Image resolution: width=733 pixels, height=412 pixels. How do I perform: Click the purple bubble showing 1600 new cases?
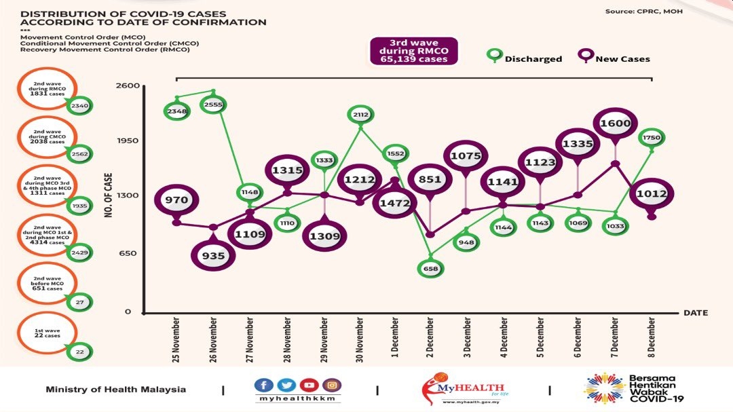[x=616, y=124]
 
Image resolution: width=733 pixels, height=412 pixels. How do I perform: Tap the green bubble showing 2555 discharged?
[x=213, y=105]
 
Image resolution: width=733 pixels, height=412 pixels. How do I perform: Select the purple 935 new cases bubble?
[x=213, y=255]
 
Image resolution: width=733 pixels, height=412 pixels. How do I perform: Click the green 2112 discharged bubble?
[x=360, y=115]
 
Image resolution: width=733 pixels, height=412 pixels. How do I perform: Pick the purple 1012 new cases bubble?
[x=652, y=194]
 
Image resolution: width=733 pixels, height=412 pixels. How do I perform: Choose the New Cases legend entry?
[x=614, y=58]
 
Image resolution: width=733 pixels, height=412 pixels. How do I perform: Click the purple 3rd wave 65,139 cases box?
[x=413, y=51]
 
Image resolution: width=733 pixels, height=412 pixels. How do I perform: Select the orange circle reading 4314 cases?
[x=48, y=236]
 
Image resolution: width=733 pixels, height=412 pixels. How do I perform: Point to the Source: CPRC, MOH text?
[x=644, y=12]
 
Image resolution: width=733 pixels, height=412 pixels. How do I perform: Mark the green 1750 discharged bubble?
[x=652, y=137]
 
